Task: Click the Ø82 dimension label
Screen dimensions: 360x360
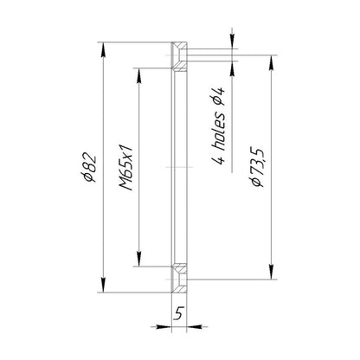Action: [x=88, y=168]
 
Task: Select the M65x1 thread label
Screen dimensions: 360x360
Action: [x=126, y=168]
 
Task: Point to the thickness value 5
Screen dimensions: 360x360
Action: [x=179, y=313]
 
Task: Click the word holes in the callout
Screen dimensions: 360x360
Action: [x=220, y=132]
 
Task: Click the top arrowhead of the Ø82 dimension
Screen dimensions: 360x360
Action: [x=103, y=50]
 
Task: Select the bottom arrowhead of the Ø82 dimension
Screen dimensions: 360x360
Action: [x=103, y=285]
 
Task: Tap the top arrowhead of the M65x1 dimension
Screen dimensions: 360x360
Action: [x=138, y=75]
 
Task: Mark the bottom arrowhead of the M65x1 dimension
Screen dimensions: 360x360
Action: [x=138, y=259]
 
